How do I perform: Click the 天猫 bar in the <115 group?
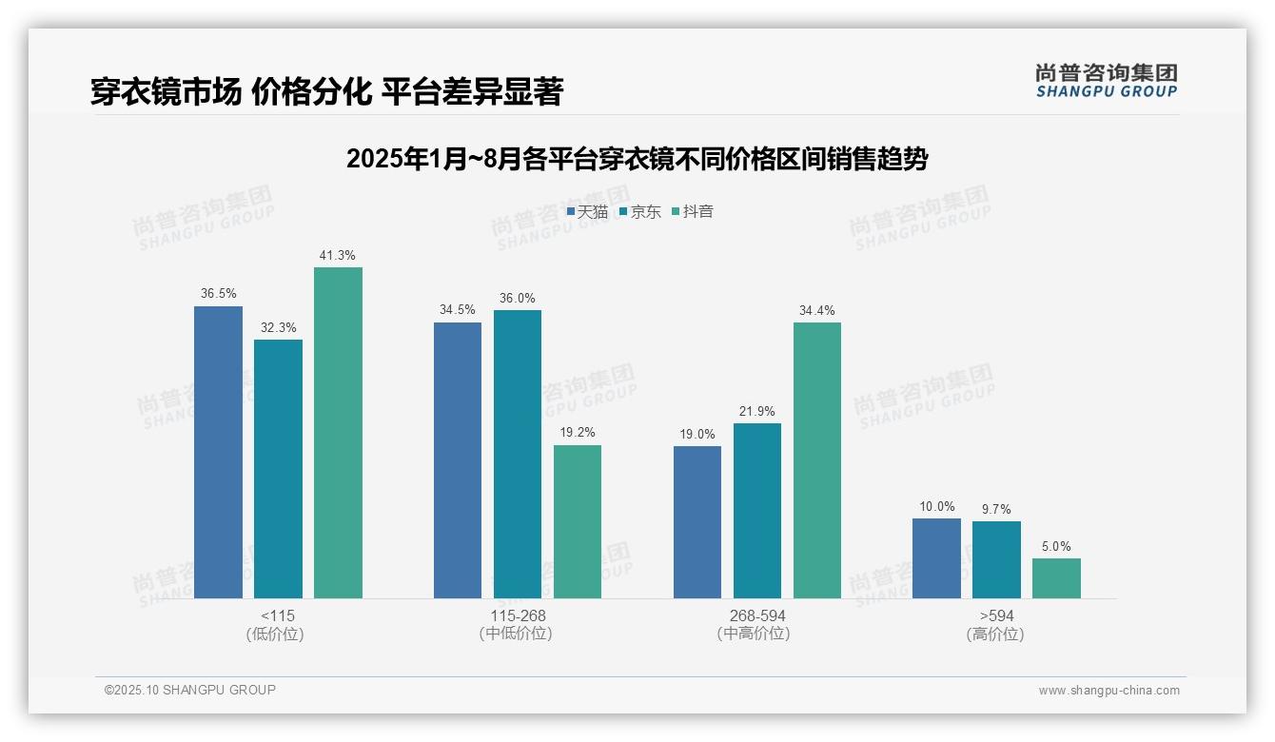click(x=218, y=452)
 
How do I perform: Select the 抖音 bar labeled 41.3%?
click(x=338, y=433)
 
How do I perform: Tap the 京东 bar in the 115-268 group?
click(x=517, y=454)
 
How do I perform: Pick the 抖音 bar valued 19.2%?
click(x=578, y=521)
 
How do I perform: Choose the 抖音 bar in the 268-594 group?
click(x=817, y=460)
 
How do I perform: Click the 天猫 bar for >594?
click(x=936, y=558)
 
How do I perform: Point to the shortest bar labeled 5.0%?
click(x=1056, y=578)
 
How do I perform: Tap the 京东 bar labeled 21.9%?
click(x=757, y=511)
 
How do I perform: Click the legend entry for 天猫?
click(x=587, y=212)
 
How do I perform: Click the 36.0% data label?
click(x=517, y=299)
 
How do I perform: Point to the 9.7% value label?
click(x=996, y=510)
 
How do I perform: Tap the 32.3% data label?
click(x=278, y=328)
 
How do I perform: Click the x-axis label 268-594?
click(x=757, y=616)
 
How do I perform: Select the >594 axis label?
click(x=996, y=616)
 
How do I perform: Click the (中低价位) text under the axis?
click(x=516, y=634)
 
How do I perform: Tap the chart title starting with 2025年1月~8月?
click(x=637, y=159)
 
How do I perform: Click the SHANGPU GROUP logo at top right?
click(x=1106, y=81)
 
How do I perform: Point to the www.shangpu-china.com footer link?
click(x=1108, y=691)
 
